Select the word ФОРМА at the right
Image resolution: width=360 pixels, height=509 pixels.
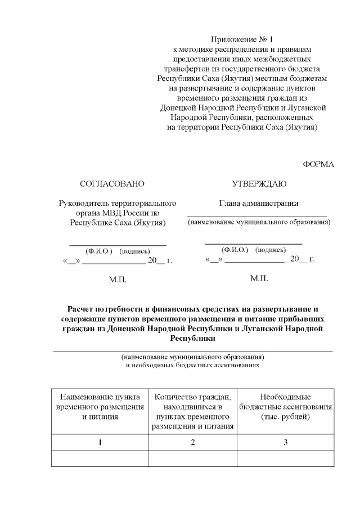[318, 164]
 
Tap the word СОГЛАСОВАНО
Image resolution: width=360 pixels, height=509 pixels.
[112, 184]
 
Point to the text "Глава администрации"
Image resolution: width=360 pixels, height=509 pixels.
[259, 203]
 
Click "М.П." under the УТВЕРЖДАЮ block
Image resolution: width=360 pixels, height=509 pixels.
[259, 278]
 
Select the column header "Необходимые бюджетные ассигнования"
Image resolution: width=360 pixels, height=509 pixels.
[285, 407]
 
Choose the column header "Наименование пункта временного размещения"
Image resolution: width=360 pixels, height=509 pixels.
[100, 407]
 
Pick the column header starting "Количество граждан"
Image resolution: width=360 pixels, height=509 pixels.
[192, 411]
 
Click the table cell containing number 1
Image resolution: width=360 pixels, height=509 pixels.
[100, 443]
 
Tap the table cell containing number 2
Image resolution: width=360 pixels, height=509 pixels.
[192, 443]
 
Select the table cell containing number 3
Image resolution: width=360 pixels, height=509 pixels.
[285, 443]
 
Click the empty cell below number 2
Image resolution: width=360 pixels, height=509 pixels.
[192, 459]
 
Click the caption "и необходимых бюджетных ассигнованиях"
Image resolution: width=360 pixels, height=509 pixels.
[192, 364]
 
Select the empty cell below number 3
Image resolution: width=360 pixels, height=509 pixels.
[285, 459]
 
